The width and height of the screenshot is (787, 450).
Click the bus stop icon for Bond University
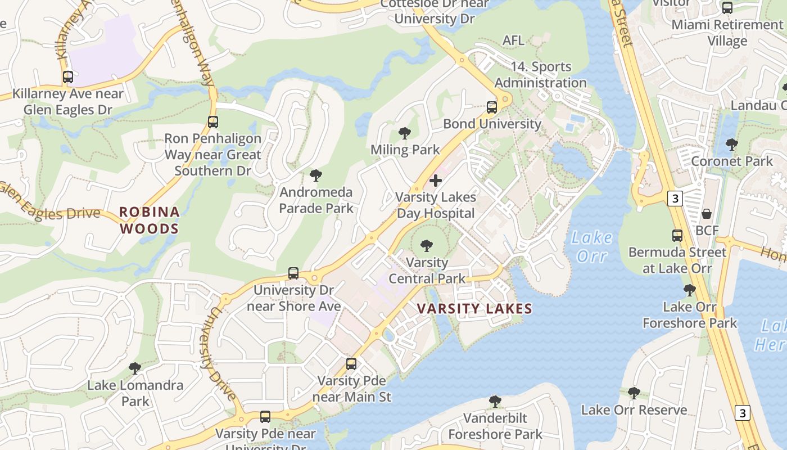point(492,107)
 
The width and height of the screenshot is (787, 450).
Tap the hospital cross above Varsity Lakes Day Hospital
point(436,181)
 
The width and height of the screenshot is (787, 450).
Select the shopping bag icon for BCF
point(707,214)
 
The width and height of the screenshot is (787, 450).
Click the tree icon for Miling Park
point(404,133)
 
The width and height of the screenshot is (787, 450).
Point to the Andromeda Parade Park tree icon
point(316,175)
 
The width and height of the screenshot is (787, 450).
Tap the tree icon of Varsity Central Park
point(427,246)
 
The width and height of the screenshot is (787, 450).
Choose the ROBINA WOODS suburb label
point(149,220)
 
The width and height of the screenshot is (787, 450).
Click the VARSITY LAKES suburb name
point(475,308)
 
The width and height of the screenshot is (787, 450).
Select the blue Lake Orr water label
point(592,246)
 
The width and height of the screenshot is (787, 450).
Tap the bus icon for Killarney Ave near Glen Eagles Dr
point(68,77)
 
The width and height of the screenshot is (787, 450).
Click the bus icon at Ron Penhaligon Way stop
point(212,122)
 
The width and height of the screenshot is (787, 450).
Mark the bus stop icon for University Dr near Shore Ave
point(293,273)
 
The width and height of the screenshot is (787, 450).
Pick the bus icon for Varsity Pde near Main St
point(351,364)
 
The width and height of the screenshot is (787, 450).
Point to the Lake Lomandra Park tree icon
point(135,368)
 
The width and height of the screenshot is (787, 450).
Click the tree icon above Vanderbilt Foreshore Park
point(495,402)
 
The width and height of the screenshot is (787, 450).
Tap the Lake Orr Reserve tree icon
point(634,393)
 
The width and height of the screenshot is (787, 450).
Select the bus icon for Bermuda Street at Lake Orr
point(677,236)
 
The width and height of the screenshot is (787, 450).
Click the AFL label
point(513,40)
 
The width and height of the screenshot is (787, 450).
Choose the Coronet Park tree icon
point(731,145)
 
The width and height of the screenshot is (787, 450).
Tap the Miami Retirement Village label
point(727,33)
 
